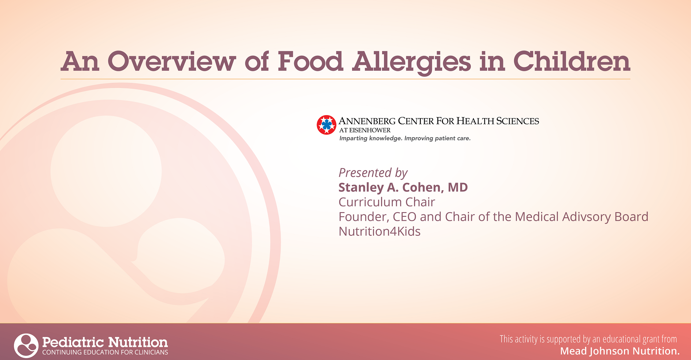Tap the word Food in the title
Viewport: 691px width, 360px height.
coord(310,61)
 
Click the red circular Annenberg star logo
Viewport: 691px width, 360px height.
coord(326,125)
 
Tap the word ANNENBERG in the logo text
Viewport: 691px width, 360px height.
coord(367,121)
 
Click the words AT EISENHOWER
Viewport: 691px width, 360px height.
coord(365,130)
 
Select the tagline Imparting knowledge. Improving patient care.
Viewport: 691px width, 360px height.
coord(405,138)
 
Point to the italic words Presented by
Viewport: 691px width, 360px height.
coord(373,173)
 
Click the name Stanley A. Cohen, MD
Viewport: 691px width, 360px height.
coord(403,187)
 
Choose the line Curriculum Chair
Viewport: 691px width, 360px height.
coord(387,202)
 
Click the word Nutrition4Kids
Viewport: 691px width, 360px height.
coord(380,231)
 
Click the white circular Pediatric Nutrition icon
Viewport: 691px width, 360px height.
coord(26,345)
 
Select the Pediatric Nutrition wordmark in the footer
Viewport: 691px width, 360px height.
coord(105,342)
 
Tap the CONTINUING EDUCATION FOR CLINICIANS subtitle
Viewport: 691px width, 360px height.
coord(105,352)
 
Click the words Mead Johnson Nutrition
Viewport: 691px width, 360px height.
coord(620,351)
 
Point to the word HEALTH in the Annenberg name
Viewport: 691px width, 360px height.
coord(475,121)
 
